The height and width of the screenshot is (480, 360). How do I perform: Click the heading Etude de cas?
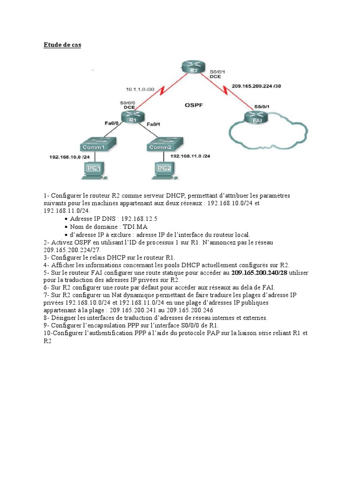click(x=62, y=45)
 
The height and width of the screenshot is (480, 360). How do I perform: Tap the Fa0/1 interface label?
click(x=154, y=124)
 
